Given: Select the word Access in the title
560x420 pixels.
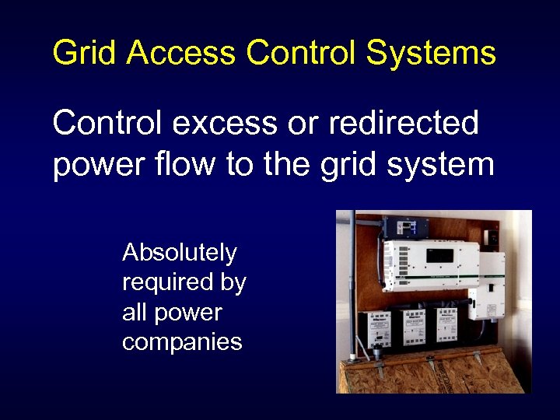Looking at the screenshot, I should pos(180,53).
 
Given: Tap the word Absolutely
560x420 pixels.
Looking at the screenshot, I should pos(180,252).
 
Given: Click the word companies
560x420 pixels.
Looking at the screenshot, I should pos(182,341).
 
